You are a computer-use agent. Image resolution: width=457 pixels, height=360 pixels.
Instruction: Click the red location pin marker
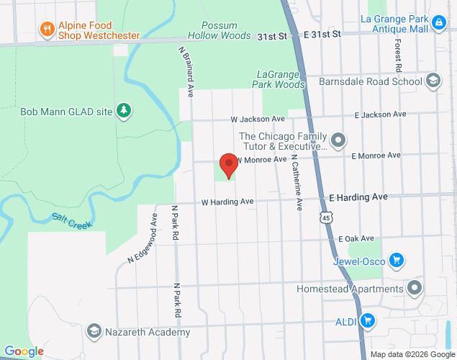[x=229, y=166]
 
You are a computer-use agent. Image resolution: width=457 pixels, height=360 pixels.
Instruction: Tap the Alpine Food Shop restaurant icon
[x=47, y=29]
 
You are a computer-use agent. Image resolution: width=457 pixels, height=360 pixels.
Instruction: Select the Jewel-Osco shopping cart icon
[x=395, y=260]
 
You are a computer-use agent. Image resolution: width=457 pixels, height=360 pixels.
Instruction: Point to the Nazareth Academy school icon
[x=94, y=331]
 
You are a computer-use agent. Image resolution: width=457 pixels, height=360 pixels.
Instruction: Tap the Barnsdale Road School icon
[x=433, y=81]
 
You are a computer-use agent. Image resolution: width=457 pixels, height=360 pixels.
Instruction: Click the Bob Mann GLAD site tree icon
[x=125, y=110]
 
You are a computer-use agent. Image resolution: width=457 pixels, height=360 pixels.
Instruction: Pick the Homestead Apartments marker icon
[x=415, y=289]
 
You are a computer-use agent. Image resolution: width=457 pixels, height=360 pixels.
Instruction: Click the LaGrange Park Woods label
[x=281, y=79]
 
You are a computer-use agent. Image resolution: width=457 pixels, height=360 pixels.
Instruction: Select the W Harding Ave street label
[x=228, y=202]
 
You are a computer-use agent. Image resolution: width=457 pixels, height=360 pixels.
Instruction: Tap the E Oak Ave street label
[x=356, y=238]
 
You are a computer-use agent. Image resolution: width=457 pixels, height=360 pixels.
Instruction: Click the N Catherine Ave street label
[x=297, y=185]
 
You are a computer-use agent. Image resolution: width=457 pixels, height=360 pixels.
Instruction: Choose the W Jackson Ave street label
[x=258, y=118]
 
